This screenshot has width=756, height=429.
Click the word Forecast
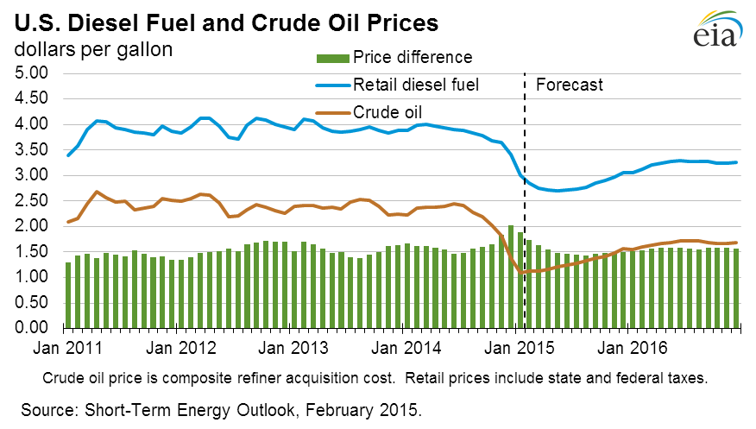click(569, 85)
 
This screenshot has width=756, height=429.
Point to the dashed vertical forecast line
click(526, 173)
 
